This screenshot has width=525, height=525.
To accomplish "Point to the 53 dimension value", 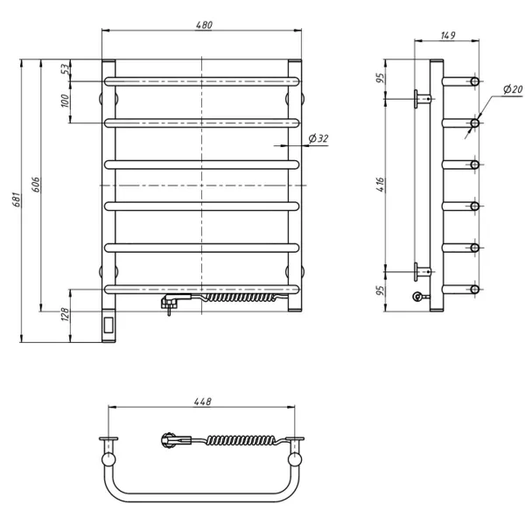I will [x=65, y=70].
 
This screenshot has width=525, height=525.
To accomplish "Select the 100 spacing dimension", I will [x=65, y=101].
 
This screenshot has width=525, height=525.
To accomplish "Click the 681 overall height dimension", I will [x=14, y=201].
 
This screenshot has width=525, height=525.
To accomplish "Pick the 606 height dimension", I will [x=35, y=185].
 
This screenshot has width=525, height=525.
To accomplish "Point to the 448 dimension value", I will [x=203, y=402].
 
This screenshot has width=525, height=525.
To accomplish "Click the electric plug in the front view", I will [x=170, y=304].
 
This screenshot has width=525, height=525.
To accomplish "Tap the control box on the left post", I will [x=109, y=327].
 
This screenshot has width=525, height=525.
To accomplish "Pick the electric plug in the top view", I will [x=168, y=438].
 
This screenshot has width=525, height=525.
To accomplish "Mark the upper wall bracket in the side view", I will [x=422, y=97].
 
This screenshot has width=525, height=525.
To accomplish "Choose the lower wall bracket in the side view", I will [x=422, y=269].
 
